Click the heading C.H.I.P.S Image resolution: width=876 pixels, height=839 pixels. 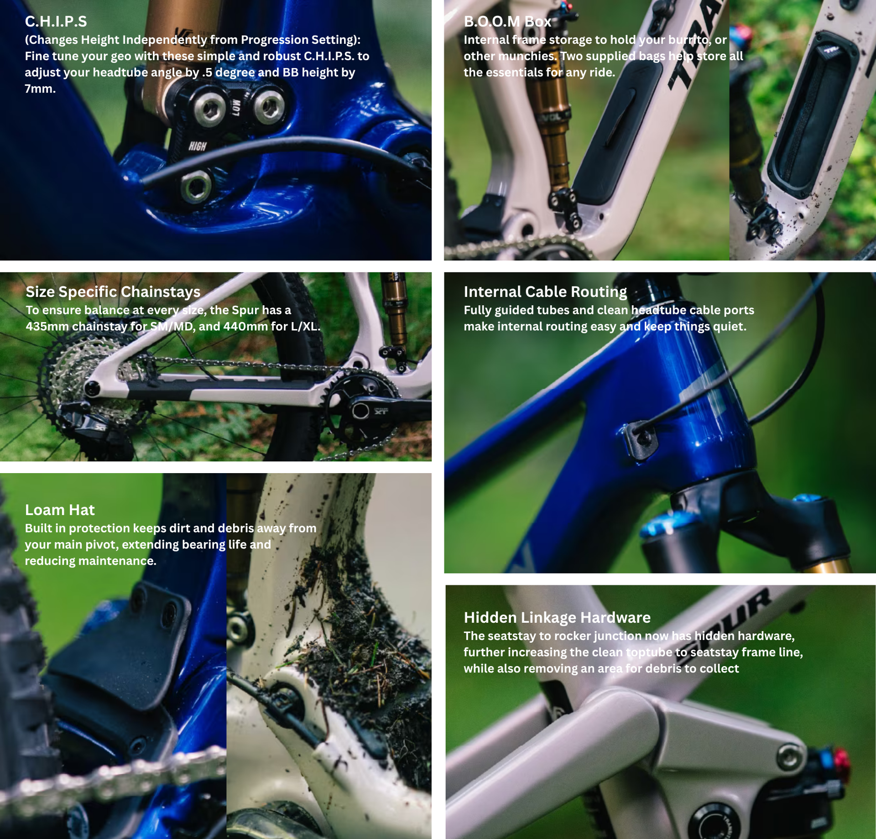tap(56, 21)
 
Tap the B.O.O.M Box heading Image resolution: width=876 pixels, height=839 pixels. tap(507, 21)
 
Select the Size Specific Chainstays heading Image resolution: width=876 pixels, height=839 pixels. tap(113, 292)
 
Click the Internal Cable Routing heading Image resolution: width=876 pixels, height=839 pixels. tap(545, 292)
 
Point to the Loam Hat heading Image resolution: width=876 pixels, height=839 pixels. tap(60, 510)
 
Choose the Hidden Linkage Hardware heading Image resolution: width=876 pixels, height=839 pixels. tap(557, 618)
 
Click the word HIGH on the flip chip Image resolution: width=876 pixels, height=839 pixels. tap(198, 146)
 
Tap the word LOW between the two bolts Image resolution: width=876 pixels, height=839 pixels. tap(236, 108)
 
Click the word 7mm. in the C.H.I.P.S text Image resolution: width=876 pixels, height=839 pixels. tap(40, 89)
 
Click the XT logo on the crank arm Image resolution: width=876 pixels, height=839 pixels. tap(381, 412)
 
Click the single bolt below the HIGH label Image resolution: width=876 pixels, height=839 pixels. tap(196, 185)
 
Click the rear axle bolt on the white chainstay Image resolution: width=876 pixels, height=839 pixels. tap(93, 388)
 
